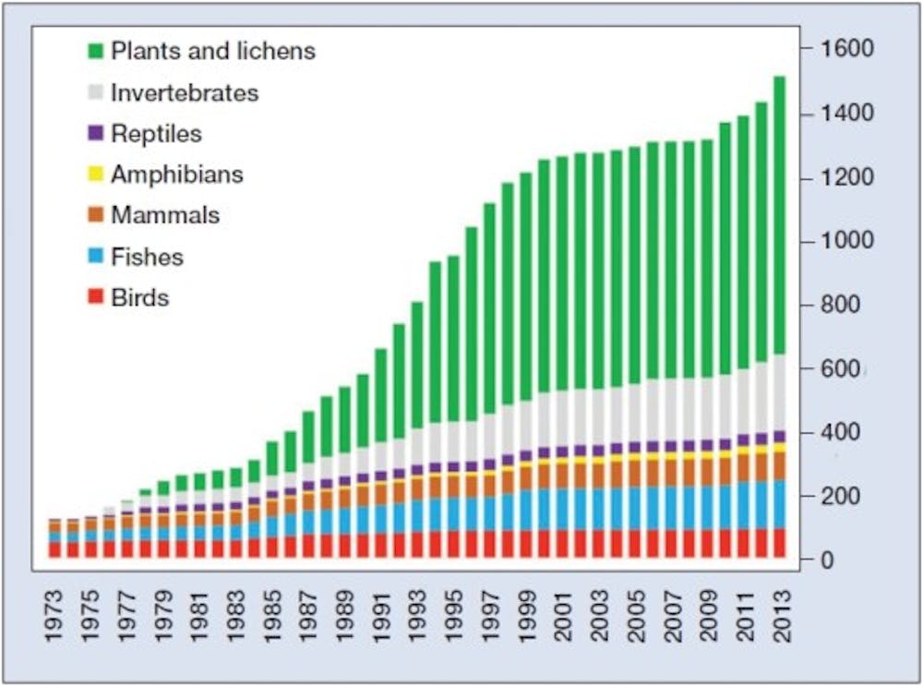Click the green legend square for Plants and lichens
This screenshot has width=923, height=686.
click(x=95, y=52)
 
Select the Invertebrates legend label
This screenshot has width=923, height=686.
click(x=185, y=93)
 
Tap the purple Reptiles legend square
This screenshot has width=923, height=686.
click(x=95, y=134)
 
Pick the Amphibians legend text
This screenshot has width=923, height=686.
click(x=176, y=175)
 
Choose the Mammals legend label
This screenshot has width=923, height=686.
click(x=165, y=215)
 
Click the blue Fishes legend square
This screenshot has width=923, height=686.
click(x=95, y=257)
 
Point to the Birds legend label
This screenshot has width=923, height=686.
click(x=140, y=297)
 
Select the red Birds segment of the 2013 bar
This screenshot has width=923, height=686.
click(x=778, y=543)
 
